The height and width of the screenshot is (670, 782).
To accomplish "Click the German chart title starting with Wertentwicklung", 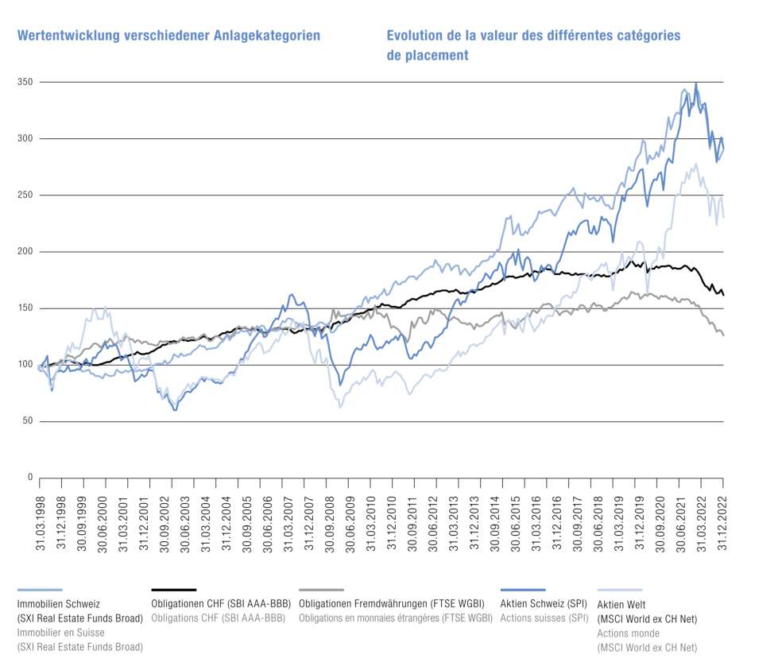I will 168,36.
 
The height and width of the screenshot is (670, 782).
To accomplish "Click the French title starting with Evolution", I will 533,36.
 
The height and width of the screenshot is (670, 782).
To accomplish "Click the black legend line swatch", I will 173,590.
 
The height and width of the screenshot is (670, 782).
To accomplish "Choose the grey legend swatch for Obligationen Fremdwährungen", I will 321,590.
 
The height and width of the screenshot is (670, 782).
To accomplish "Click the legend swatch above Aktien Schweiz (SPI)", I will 522,590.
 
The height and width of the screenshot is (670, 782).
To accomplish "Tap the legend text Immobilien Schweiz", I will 59,604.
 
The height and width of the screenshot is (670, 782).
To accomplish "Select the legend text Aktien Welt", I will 621,604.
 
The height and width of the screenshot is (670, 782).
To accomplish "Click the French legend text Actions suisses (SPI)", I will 544,618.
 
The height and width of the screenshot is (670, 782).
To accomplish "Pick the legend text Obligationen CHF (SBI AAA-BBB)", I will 220,604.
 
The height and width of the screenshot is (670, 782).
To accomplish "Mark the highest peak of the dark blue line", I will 696,83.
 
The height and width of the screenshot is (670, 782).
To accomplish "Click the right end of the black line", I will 723,295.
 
